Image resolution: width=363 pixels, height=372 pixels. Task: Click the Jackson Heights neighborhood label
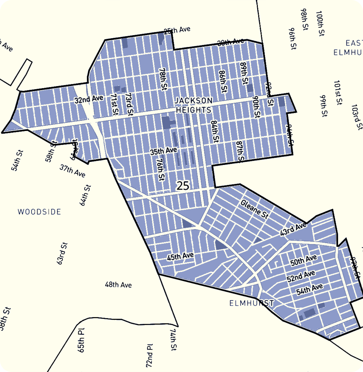pos(193,105)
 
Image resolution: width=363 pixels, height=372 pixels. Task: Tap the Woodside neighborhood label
pos(39,212)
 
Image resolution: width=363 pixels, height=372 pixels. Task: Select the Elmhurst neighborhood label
pos(251,303)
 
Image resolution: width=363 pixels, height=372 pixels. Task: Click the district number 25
pos(183,186)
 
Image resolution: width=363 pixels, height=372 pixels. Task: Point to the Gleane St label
pos(254,209)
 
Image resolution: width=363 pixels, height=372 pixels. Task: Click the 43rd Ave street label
pos(293,229)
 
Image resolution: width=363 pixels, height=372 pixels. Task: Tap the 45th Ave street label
pos(180,256)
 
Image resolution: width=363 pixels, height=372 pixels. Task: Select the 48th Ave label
pos(118,285)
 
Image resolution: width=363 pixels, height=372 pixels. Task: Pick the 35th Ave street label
pos(163,151)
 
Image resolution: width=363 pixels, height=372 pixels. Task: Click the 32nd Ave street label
pos(89,99)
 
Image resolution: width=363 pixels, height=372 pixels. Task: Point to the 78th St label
pos(163,79)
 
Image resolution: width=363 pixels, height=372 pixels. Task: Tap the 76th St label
pos(160,169)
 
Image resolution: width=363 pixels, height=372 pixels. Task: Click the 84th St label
pos(215,132)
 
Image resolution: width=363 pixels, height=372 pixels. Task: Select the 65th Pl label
pos(81,340)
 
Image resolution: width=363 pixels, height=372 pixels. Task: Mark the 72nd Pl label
pos(149,355)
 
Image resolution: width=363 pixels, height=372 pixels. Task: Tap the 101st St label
pos(338,92)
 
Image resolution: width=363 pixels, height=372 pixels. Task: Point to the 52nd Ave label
pos(301,276)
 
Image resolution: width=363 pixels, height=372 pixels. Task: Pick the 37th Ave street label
pos(72,171)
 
